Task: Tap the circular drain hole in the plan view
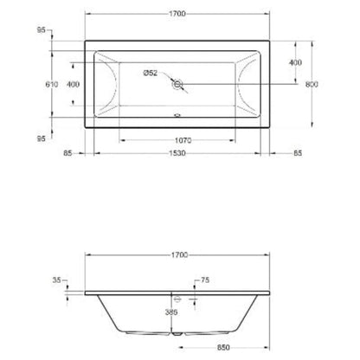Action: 179,85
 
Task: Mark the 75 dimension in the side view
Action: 205,281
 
